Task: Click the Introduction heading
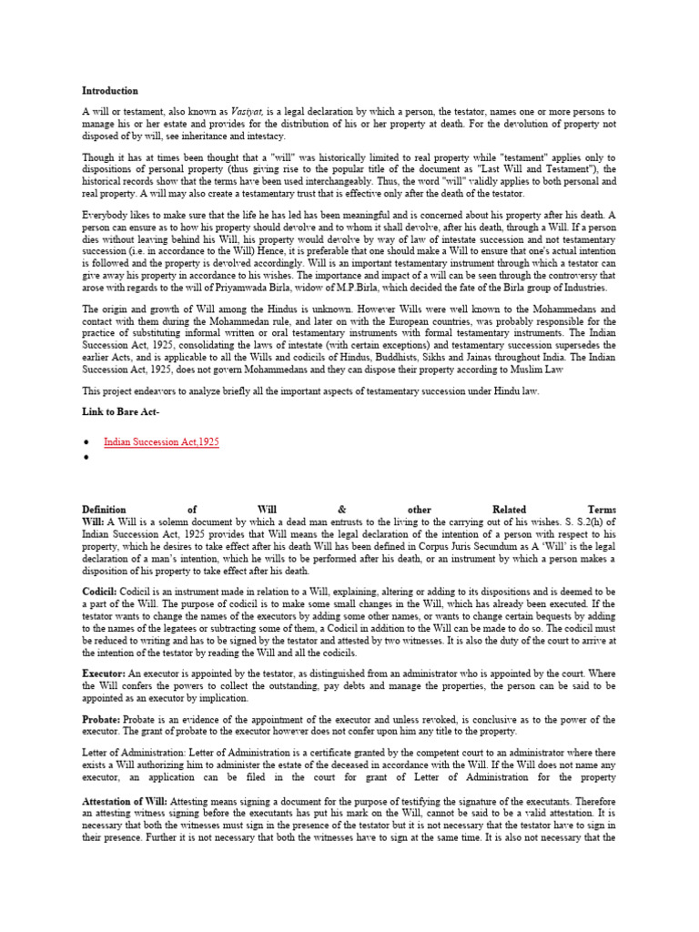click(110, 91)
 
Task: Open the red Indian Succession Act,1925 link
click(161, 441)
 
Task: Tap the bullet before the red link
click(86, 442)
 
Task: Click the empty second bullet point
click(86, 458)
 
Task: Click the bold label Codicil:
click(101, 591)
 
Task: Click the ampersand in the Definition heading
click(341, 510)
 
